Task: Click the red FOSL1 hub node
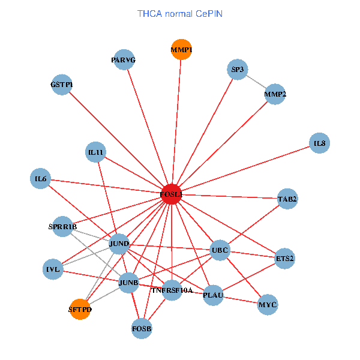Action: tap(172, 194)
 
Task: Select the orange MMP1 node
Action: tap(181, 49)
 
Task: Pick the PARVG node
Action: tap(124, 59)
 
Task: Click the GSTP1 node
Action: tap(62, 85)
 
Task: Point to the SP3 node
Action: tap(238, 70)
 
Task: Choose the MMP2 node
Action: tap(275, 94)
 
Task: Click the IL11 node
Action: tap(96, 152)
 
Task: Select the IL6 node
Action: tap(41, 179)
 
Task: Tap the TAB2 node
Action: tap(287, 198)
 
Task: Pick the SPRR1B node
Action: tap(63, 226)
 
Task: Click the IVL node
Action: tap(53, 269)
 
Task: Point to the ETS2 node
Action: tap(284, 259)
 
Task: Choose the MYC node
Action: tap(268, 305)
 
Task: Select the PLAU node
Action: tap(213, 295)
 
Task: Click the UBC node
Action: tap(220, 250)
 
